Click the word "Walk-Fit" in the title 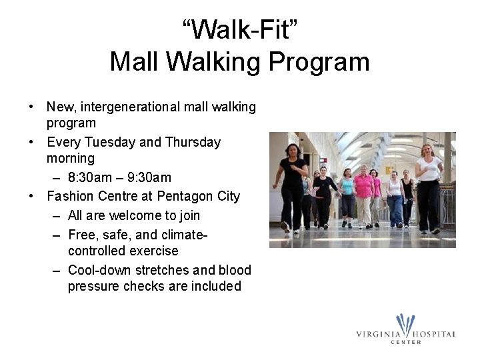click(239, 29)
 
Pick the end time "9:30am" click(149, 177)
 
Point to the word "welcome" click(135, 215)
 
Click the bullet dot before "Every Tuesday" click(32, 142)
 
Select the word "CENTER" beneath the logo click(405, 342)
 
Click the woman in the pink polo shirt click(363, 187)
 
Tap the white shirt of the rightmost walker click(429, 169)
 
